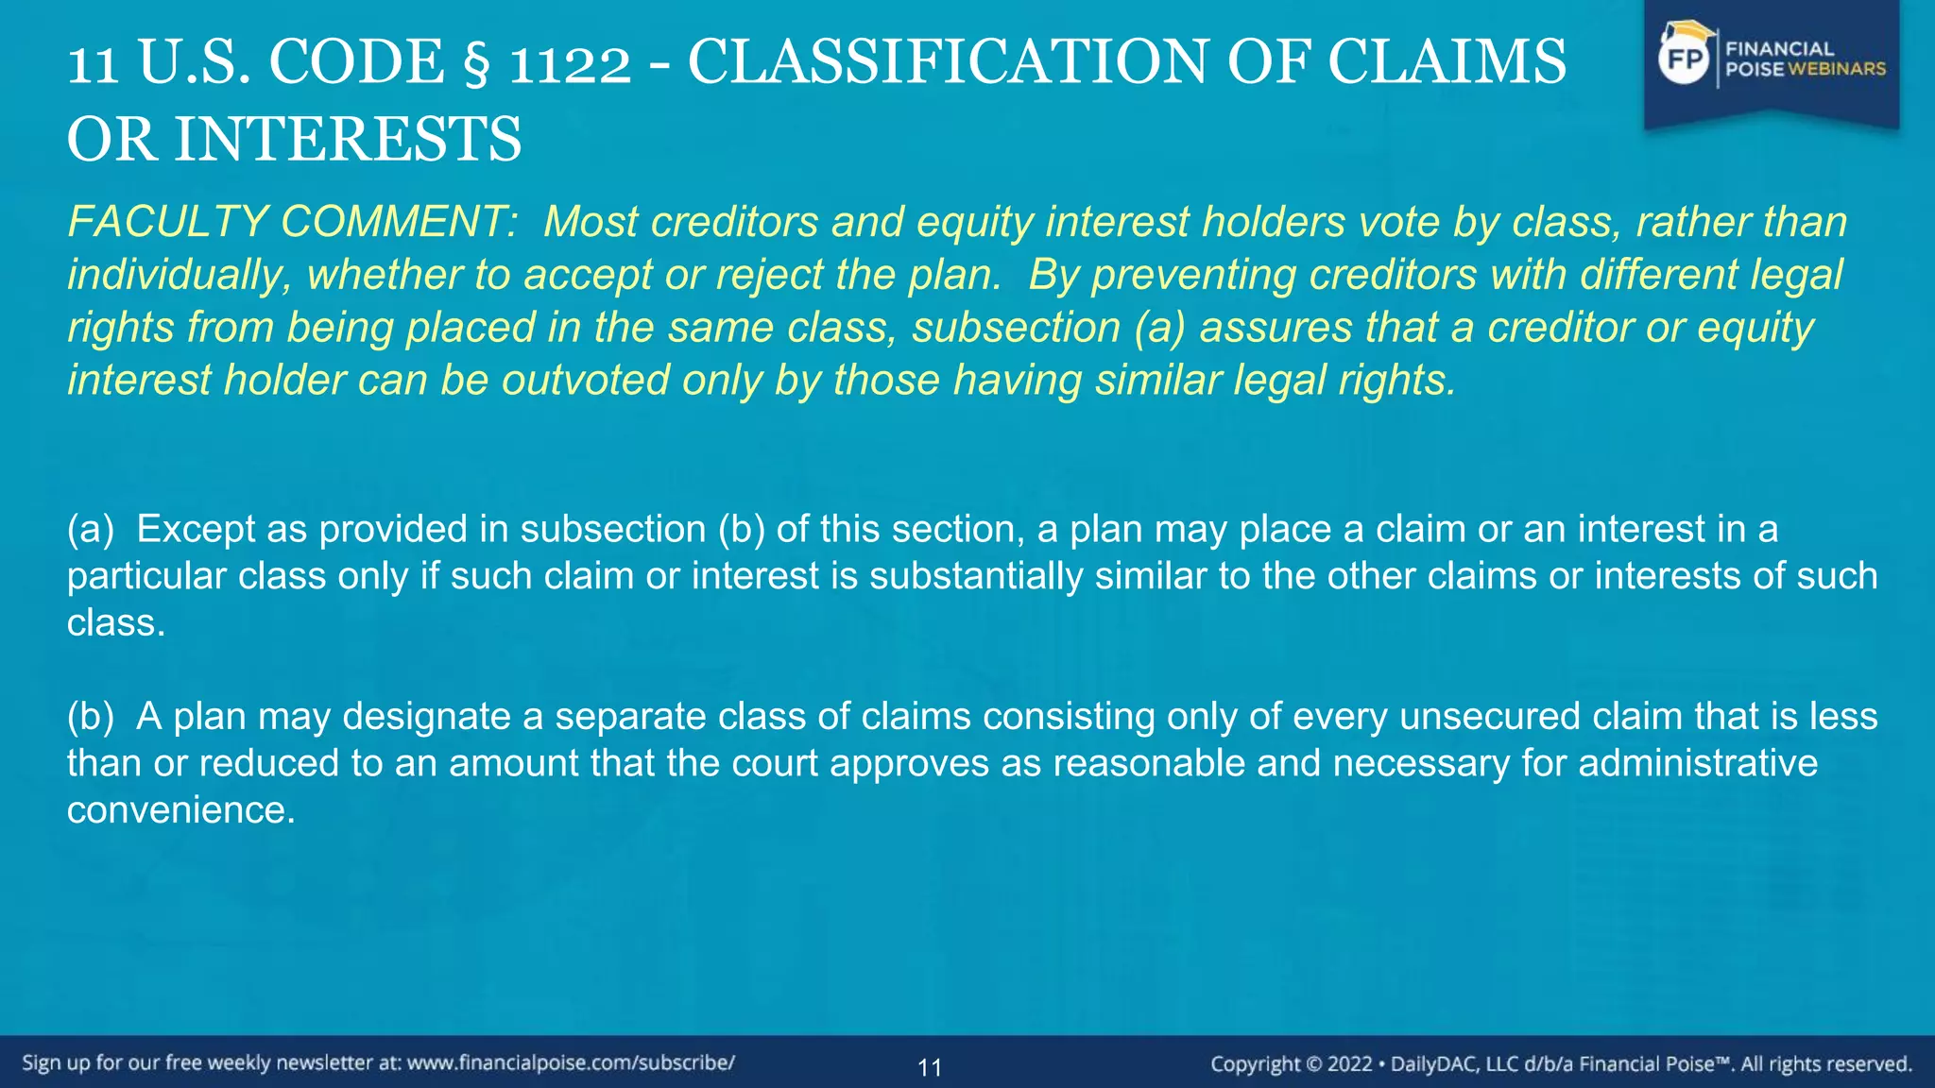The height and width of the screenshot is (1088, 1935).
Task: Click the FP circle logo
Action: [1685, 59]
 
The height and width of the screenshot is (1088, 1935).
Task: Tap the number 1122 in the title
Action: [570, 62]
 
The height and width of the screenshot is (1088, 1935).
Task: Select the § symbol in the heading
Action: [475, 62]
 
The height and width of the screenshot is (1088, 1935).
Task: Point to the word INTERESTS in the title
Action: [347, 139]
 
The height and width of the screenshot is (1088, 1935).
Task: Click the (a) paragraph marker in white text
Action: [90, 529]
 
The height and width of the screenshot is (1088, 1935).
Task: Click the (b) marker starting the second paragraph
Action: [90, 716]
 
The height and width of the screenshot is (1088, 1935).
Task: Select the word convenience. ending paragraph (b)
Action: [180, 809]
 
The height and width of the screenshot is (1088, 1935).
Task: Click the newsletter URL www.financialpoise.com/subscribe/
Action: [571, 1062]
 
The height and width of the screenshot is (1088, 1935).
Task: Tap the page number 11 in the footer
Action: [930, 1068]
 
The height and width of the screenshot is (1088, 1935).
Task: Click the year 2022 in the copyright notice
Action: [1349, 1064]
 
